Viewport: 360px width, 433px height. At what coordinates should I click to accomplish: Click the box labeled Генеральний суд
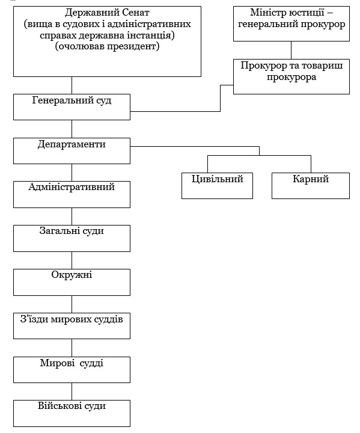coord(72,107)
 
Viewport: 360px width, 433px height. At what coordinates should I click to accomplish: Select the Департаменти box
coord(72,151)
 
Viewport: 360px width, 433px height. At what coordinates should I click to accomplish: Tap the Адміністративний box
coord(72,194)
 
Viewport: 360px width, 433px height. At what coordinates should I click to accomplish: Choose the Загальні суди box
coord(72,238)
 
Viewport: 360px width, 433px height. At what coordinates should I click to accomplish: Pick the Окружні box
coord(72,282)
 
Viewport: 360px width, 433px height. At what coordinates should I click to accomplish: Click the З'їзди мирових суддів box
coord(72,326)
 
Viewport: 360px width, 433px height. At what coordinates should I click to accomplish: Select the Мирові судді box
coord(72,370)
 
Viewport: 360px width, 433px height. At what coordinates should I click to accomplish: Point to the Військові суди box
coord(72,413)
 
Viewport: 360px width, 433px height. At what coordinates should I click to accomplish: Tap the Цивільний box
coord(218,186)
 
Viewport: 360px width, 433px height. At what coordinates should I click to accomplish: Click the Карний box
coord(311,186)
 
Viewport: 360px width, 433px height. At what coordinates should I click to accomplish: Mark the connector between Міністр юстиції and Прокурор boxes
coord(291,51)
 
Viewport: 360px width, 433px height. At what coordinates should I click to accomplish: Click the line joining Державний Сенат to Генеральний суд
coord(72,85)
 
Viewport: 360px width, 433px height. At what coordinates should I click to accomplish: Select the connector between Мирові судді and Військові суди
coord(72,392)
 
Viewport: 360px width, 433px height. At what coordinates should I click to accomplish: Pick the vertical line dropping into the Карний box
coord(311,164)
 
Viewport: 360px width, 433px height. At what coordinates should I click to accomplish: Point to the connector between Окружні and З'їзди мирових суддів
coord(72,304)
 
